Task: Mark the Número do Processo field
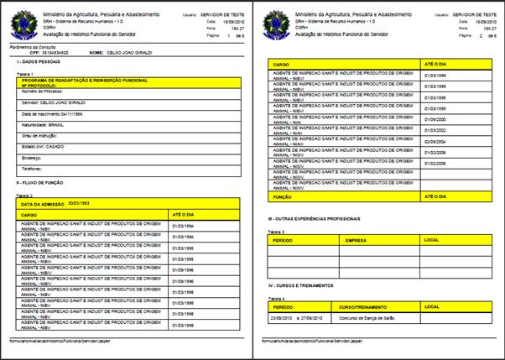pyautogui.click(x=43, y=91)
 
